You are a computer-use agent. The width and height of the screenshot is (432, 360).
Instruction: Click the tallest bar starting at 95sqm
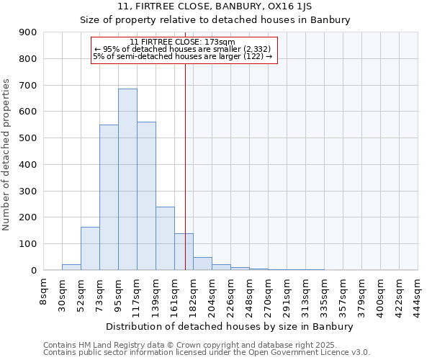127,179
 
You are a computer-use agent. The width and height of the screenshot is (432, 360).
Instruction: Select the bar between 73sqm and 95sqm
109,197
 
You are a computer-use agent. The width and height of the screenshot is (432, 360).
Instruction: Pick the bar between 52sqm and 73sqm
90,248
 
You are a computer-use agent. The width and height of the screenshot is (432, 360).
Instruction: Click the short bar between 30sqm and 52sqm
71,267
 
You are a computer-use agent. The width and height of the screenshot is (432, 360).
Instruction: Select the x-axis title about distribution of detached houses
230,326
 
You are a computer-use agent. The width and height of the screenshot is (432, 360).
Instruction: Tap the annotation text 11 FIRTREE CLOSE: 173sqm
183,42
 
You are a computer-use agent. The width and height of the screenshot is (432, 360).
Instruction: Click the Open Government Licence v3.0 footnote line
207,353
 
